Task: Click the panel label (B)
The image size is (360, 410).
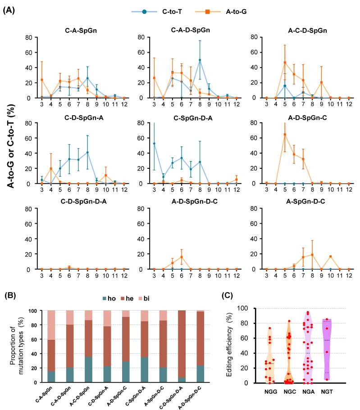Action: tap(9, 296)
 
